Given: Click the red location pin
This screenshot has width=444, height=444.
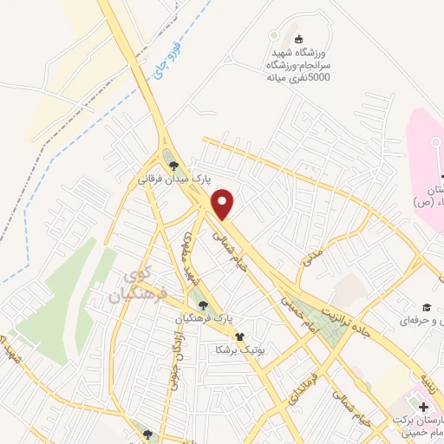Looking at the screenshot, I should (x=224, y=205).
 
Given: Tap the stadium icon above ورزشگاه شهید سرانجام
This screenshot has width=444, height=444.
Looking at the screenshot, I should (x=299, y=37).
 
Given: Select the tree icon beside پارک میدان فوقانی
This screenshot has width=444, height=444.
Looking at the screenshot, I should (x=173, y=165).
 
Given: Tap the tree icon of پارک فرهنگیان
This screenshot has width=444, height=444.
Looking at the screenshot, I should (x=203, y=304).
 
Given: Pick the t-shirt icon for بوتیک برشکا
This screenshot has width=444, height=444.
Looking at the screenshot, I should (x=239, y=337).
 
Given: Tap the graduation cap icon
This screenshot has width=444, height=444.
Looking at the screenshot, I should (x=427, y=308).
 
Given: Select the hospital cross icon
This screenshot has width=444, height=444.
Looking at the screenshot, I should (x=424, y=407).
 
